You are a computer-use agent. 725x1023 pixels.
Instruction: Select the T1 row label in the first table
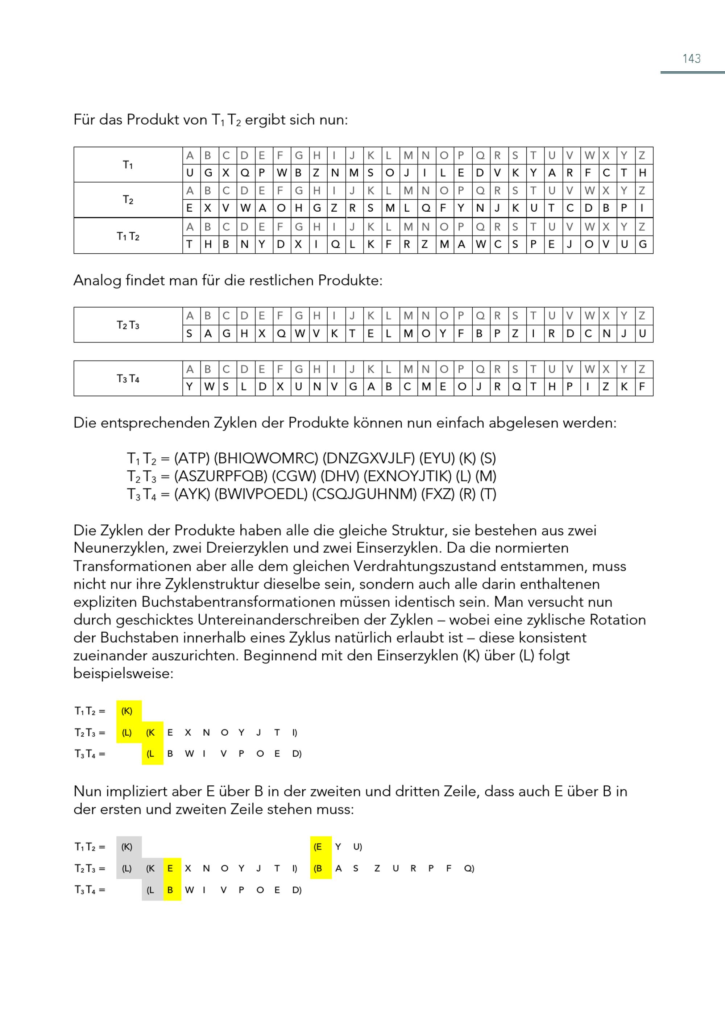(x=128, y=165)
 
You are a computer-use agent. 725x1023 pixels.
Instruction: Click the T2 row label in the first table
(x=128, y=200)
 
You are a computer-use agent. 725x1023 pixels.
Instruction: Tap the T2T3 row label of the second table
(x=128, y=325)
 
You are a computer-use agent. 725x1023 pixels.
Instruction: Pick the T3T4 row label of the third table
(x=128, y=378)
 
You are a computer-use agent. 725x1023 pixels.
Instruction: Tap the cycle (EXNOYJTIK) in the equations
(x=407, y=476)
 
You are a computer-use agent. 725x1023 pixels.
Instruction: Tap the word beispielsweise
(x=123, y=673)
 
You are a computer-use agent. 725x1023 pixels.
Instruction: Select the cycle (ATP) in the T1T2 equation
(x=191, y=458)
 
